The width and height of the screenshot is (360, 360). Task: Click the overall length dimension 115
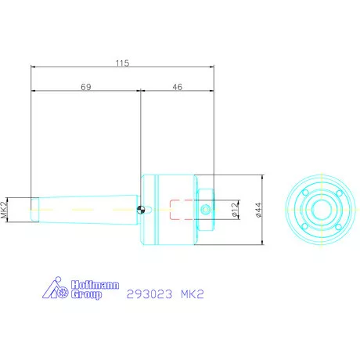[x=121, y=63]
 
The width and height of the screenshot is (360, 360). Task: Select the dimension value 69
[x=86, y=88]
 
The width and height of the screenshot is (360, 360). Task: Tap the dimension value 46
[x=177, y=88]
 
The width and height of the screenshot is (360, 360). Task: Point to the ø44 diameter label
[x=257, y=209]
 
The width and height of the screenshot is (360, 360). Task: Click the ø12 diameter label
[x=235, y=209]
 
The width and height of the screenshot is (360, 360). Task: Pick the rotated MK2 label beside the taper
[x=5, y=209]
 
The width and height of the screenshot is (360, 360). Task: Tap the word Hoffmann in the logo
[x=94, y=286]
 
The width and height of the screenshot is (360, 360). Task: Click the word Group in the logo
[x=86, y=296]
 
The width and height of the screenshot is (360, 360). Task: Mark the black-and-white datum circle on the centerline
[x=140, y=209]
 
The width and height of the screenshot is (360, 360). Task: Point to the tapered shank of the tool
[x=86, y=209]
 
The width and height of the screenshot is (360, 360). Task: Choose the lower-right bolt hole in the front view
[x=337, y=225]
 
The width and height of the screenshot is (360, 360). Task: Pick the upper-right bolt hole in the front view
[x=337, y=193]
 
